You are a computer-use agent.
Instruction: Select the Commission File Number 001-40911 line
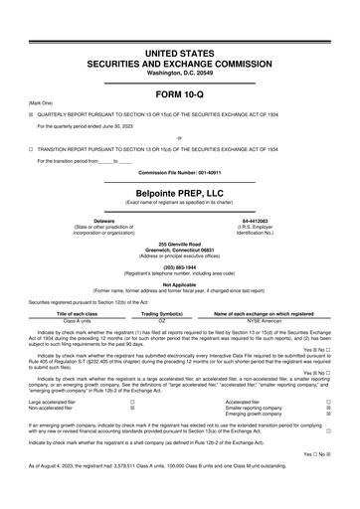pos(179,172)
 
